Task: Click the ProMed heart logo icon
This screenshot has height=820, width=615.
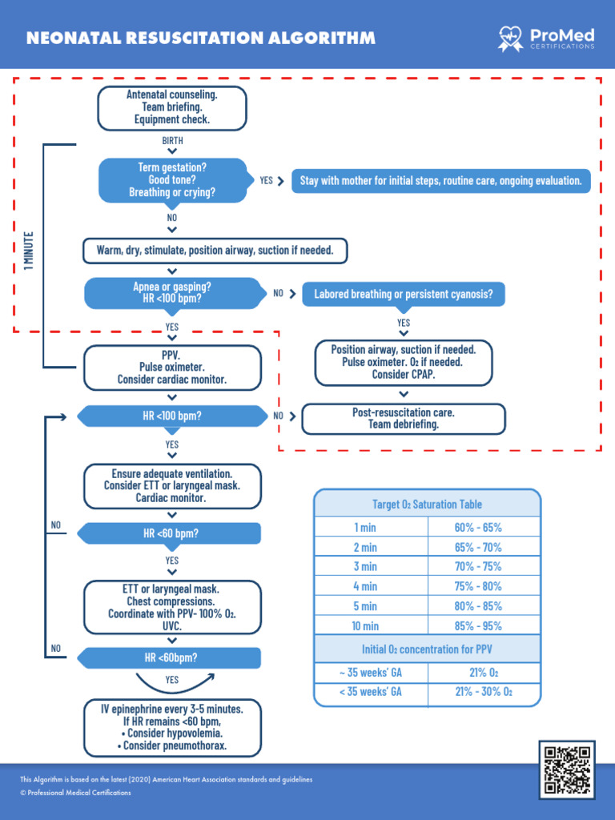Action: point(510,37)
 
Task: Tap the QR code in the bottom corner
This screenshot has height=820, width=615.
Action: point(567,770)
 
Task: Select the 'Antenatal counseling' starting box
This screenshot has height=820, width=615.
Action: point(171,107)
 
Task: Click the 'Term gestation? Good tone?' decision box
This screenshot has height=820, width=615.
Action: point(172,180)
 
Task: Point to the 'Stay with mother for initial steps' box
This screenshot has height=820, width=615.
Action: point(440,181)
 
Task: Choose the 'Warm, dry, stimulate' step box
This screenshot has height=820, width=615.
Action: point(215,251)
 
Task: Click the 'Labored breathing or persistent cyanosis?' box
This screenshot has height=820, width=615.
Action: point(409,295)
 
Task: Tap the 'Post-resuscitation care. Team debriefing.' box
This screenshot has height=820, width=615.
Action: point(404,419)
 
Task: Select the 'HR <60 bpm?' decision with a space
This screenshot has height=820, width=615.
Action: point(172,533)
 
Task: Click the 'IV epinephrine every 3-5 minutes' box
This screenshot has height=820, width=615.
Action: point(172,728)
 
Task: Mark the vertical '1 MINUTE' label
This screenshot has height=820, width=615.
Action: point(29,251)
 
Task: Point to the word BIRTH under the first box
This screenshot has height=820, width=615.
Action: point(172,140)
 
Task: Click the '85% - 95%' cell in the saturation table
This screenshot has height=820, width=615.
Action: point(484,626)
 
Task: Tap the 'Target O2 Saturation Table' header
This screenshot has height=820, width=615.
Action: point(427,504)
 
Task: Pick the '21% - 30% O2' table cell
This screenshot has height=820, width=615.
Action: point(484,692)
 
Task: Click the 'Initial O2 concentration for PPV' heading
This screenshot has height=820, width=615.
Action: point(427,649)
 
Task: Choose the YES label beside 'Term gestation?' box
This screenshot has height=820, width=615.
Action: point(267,181)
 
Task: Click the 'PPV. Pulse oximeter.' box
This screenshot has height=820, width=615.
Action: point(172,367)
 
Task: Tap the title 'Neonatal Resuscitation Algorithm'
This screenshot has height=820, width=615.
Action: point(200,38)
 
